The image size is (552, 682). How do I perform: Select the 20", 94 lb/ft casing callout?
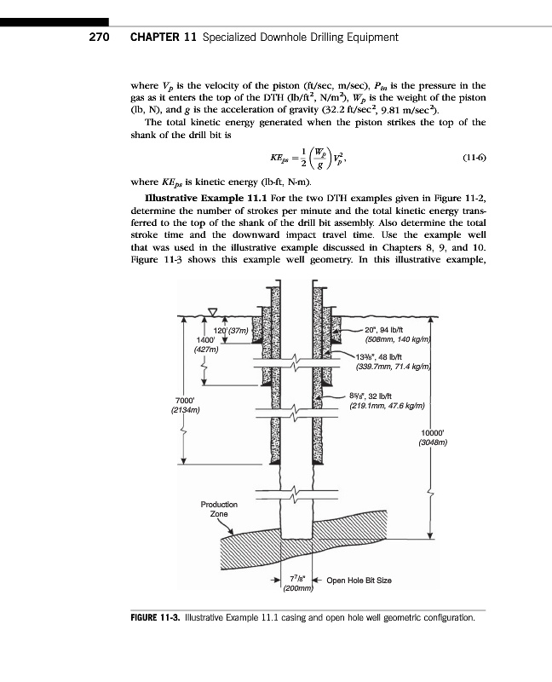382,330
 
